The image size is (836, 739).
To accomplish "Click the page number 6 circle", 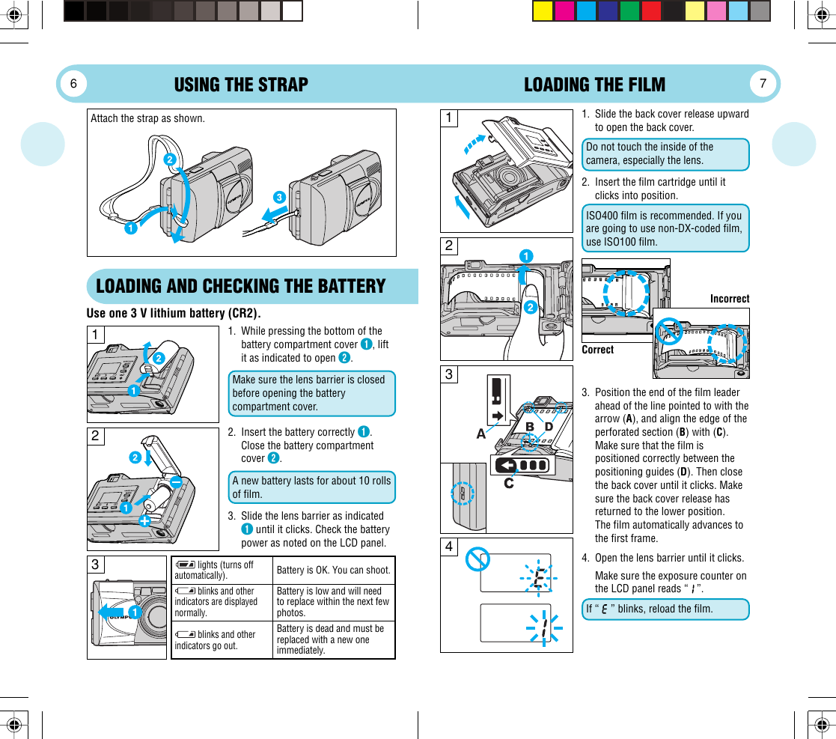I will (x=74, y=84).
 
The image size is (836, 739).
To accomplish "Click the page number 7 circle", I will (x=763, y=84).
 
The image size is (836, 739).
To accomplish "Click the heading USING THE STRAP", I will (x=241, y=85).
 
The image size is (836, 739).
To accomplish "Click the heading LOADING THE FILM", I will (x=594, y=85).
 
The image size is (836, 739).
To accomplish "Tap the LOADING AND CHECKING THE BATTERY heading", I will (x=241, y=286).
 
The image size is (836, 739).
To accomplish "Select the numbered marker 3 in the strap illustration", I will (x=278, y=198).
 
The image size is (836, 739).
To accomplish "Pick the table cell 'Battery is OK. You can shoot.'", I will (x=333, y=571).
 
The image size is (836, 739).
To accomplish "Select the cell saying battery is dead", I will (x=333, y=639).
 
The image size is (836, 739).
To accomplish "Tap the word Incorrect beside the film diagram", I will (x=729, y=299).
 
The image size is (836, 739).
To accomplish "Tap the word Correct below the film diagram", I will (x=597, y=350).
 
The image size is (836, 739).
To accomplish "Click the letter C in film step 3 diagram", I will (x=509, y=484).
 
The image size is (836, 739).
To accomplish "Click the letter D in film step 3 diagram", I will (x=548, y=427).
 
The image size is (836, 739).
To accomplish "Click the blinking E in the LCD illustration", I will (x=539, y=579).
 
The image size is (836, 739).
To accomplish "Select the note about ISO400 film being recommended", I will (x=665, y=228).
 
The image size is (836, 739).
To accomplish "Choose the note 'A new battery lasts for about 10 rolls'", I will (x=311, y=487).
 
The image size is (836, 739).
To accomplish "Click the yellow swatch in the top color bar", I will (x=543, y=11).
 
